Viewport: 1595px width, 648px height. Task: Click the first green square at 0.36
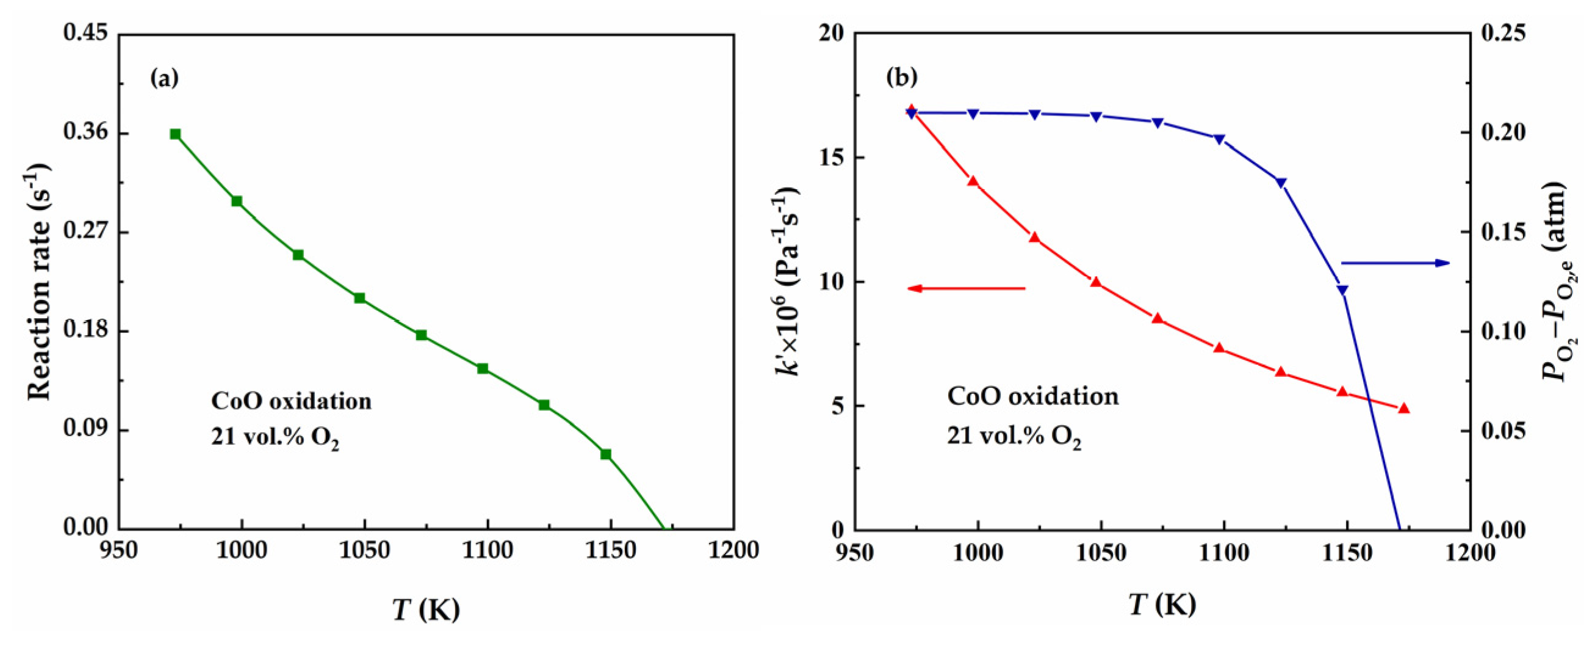[175, 134]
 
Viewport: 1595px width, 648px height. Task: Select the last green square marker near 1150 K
[605, 454]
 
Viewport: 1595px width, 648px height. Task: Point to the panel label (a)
[165, 79]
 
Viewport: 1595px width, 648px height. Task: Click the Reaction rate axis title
[38, 282]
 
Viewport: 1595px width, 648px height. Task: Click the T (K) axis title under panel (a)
[426, 610]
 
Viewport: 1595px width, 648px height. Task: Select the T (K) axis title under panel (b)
[1162, 605]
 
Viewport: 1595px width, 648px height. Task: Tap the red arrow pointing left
[966, 288]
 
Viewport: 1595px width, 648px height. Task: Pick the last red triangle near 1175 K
[1403, 408]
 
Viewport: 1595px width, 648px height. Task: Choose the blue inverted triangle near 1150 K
[1342, 290]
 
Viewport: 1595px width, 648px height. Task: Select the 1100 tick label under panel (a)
[488, 550]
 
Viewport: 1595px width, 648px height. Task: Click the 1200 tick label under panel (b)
[1470, 552]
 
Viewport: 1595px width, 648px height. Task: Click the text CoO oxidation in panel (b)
[1033, 396]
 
